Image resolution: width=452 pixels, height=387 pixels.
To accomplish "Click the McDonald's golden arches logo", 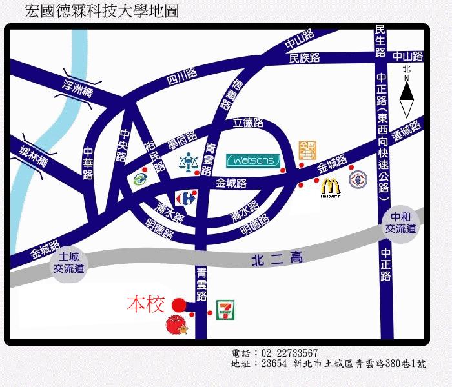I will pos(331,186).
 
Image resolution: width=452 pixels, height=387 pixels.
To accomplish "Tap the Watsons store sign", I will pos(252,159).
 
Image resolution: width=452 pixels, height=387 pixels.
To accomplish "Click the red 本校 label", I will pos(147,303).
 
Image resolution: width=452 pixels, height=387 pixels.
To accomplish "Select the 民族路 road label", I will pos(305,57).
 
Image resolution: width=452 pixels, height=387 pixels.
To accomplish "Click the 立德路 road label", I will pos(249,123).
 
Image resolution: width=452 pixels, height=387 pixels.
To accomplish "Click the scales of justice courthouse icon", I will pos(187,161).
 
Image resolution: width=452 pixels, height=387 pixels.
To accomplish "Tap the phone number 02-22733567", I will pos(289,353).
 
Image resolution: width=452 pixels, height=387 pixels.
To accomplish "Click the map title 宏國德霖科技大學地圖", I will pos(101,12).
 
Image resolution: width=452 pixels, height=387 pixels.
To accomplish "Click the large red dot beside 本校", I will pos(179,304).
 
